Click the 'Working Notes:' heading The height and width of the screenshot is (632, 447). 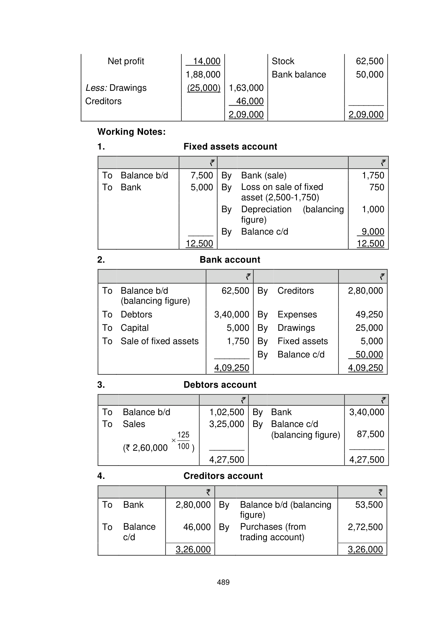[x=131, y=132]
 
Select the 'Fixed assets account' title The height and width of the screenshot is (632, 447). [x=230, y=147]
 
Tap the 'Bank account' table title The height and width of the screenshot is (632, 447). [x=230, y=260]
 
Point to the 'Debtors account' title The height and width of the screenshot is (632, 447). [x=220, y=385]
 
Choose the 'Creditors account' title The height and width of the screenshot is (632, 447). [x=223, y=476]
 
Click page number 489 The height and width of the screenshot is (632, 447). [x=223, y=582]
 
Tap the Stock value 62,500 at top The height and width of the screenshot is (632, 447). [x=370, y=61]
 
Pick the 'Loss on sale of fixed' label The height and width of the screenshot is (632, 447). [x=282, y=187]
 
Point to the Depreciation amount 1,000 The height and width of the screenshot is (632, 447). [x=373, y=209]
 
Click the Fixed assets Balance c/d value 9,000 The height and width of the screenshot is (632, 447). [x=373, y=232]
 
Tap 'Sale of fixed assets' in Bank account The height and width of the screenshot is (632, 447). [x=160, y=341]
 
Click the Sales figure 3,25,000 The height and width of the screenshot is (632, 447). [x=227, y=424]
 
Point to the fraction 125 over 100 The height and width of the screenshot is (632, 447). [x=183, y=441]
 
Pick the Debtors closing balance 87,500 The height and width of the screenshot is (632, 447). [x=370, y=434]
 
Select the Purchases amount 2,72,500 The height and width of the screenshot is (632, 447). [x=365, y=527]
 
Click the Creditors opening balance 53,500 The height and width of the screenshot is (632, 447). [x=369, y=505]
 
